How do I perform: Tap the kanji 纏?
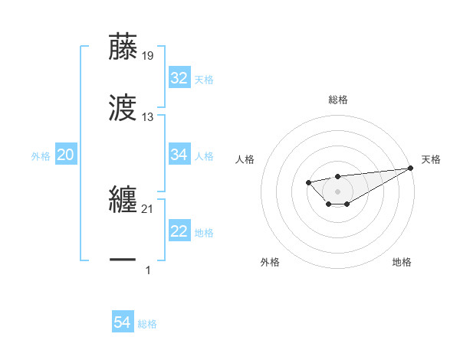coord(123,198)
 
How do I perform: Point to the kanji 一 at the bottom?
coord(123,260)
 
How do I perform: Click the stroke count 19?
coord(147,56)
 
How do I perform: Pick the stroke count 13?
coord(147,117)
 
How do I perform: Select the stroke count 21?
coord(147,209)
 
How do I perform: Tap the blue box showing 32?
coord(179,78)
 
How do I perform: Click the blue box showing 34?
coord(179,155)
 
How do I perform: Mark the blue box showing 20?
coord(65,155)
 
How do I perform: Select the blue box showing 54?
coord(123,323)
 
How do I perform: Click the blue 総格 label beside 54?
coord(147,324)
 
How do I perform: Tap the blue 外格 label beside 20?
coord(41,156)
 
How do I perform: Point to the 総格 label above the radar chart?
coord(338,100)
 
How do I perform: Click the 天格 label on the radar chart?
coord(431,159)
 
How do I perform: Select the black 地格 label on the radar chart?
coord(402,262)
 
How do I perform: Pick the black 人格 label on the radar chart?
coord(246,159)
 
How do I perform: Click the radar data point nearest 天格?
coord(411,168)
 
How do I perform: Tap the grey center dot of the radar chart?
coord(338,191)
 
